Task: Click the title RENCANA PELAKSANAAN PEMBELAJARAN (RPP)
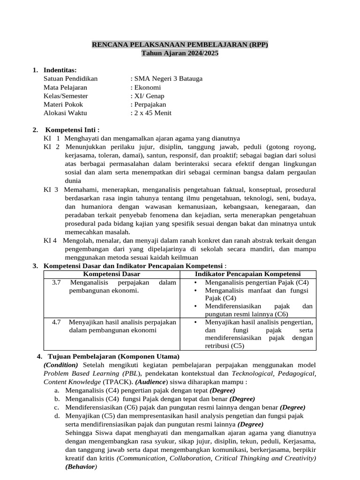tap(180, 45)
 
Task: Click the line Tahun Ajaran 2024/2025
tap(180, 53)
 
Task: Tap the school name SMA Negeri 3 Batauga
tap(168, 79)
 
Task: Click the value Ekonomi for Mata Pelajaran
tap(148, 87)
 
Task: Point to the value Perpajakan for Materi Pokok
tap(150, 105)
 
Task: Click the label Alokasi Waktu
tap(65, 113)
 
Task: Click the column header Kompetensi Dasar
tap(112, 274)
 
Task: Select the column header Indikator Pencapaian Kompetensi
tap(247, 274)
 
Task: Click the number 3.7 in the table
tap(57, 283)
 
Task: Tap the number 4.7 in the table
tap(57, 322)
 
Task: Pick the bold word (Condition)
tap(61, 365)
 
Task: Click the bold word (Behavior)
tap(81, 467)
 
